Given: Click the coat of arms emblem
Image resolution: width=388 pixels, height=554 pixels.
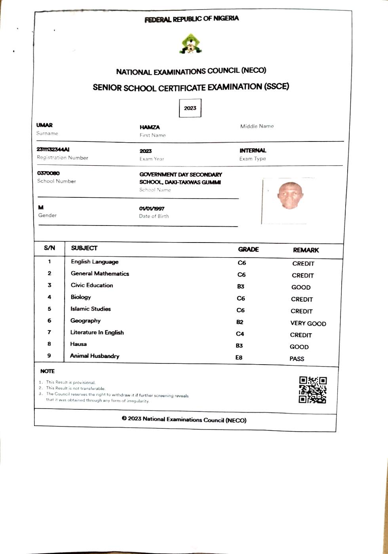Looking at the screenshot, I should coord(190,44).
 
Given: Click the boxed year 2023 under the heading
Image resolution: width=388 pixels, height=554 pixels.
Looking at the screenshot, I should coord(190,108).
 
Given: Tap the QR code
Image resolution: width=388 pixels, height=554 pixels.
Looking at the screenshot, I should coord(312,390).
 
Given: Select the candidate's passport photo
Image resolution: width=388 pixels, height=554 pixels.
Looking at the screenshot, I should coord(290,196).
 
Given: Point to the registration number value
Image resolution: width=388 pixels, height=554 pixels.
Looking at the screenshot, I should coord(53,149).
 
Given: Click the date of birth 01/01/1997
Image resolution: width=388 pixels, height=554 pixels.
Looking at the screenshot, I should coord(152,208).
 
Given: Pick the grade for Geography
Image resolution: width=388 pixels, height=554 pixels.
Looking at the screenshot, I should coord(240,322).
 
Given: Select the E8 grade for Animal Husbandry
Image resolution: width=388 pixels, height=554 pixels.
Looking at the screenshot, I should coord(239,357).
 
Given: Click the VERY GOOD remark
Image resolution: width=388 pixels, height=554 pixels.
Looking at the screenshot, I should coord(308,323).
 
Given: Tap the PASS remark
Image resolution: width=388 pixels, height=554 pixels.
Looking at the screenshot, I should coord(297,359).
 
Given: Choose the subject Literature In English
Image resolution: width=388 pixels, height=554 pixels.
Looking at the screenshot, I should coord(97,332).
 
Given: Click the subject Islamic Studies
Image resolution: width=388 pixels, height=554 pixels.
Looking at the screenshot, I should coord(91,309).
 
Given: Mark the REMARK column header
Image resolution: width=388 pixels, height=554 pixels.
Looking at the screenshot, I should coord(306,250).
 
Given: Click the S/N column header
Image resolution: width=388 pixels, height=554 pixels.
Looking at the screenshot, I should coord(49,248).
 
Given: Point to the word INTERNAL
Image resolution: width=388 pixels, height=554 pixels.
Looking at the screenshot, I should coord(253,151).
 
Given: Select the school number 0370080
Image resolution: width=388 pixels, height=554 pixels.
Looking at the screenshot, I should coord(48,173).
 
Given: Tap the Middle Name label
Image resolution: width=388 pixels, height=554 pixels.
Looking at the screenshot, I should coord(257,126).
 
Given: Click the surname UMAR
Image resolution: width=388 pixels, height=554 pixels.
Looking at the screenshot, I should coord(44,125).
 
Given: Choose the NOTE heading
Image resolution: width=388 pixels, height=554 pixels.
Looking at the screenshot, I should coord(48,371).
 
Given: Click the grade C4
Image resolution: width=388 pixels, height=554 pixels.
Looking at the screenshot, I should coord(240,334).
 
